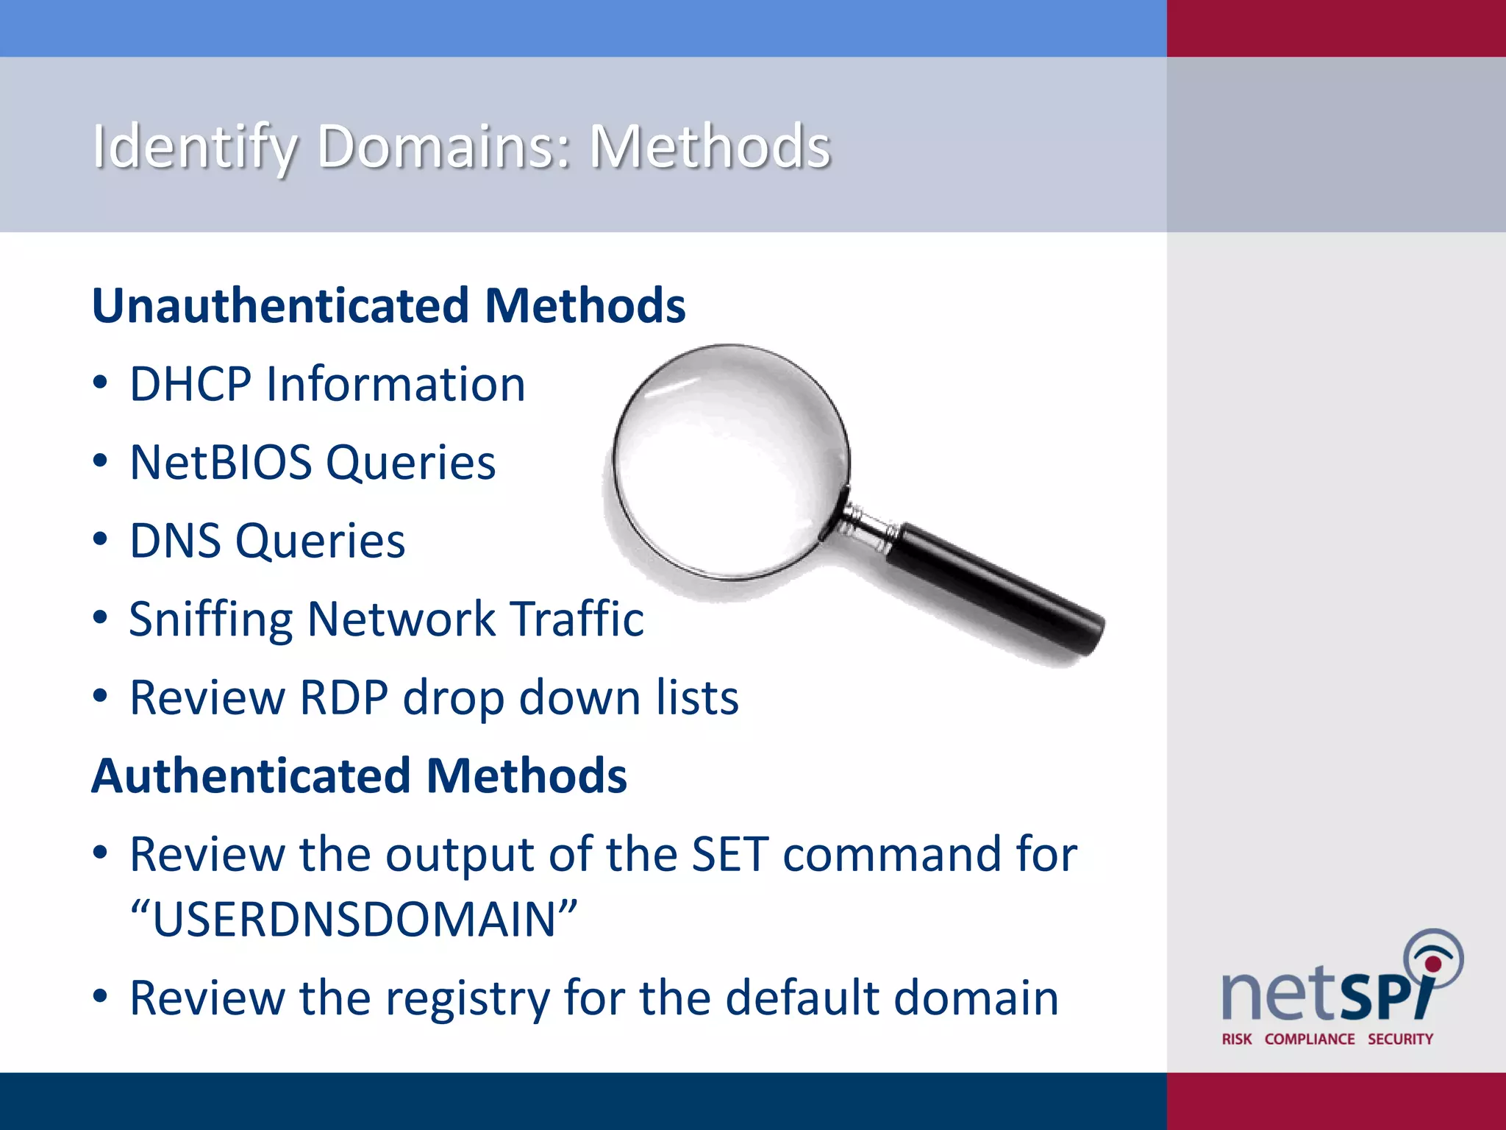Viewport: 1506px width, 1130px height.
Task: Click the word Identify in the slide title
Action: [x=195, y=147]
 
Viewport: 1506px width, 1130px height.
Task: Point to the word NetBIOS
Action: [x=221, y=463]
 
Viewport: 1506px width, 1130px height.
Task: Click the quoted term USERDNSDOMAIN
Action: [x=354, y=920]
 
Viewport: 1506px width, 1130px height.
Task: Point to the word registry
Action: [x=468, y=999]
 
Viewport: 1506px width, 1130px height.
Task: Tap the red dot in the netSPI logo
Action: [x=1432, y=964]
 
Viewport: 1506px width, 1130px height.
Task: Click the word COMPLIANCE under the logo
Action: [x=1309, y=1039]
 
